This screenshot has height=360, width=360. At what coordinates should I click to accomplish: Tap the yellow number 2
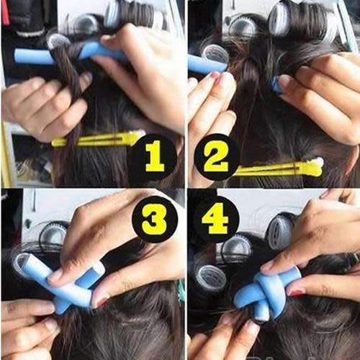[216, 156]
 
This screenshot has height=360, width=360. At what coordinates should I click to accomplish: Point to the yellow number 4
[216, 219]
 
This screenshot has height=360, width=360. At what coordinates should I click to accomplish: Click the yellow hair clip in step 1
[97, 139]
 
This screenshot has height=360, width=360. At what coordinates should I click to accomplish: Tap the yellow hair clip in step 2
[281, 168]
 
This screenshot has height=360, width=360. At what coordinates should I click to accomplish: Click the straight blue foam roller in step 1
[65, 53]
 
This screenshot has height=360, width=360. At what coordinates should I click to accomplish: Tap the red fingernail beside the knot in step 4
[297, 292]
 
